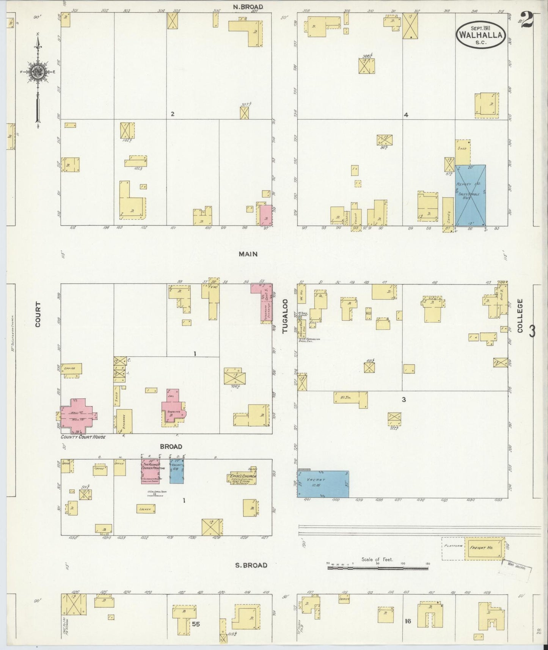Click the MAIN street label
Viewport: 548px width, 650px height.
(x=248, y=254)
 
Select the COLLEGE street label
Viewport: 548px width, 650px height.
(x=520, y=316)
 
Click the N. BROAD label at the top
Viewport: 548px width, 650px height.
(x=248, y=7)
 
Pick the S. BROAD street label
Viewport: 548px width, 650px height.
(x=251, y=565)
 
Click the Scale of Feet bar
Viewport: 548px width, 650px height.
(x=378, y=568)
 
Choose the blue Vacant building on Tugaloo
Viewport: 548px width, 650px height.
(x=323, y=484)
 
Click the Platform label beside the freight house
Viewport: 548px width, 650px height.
(x=453, y=546)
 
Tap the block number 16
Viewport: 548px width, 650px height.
(x=408, y=622)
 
